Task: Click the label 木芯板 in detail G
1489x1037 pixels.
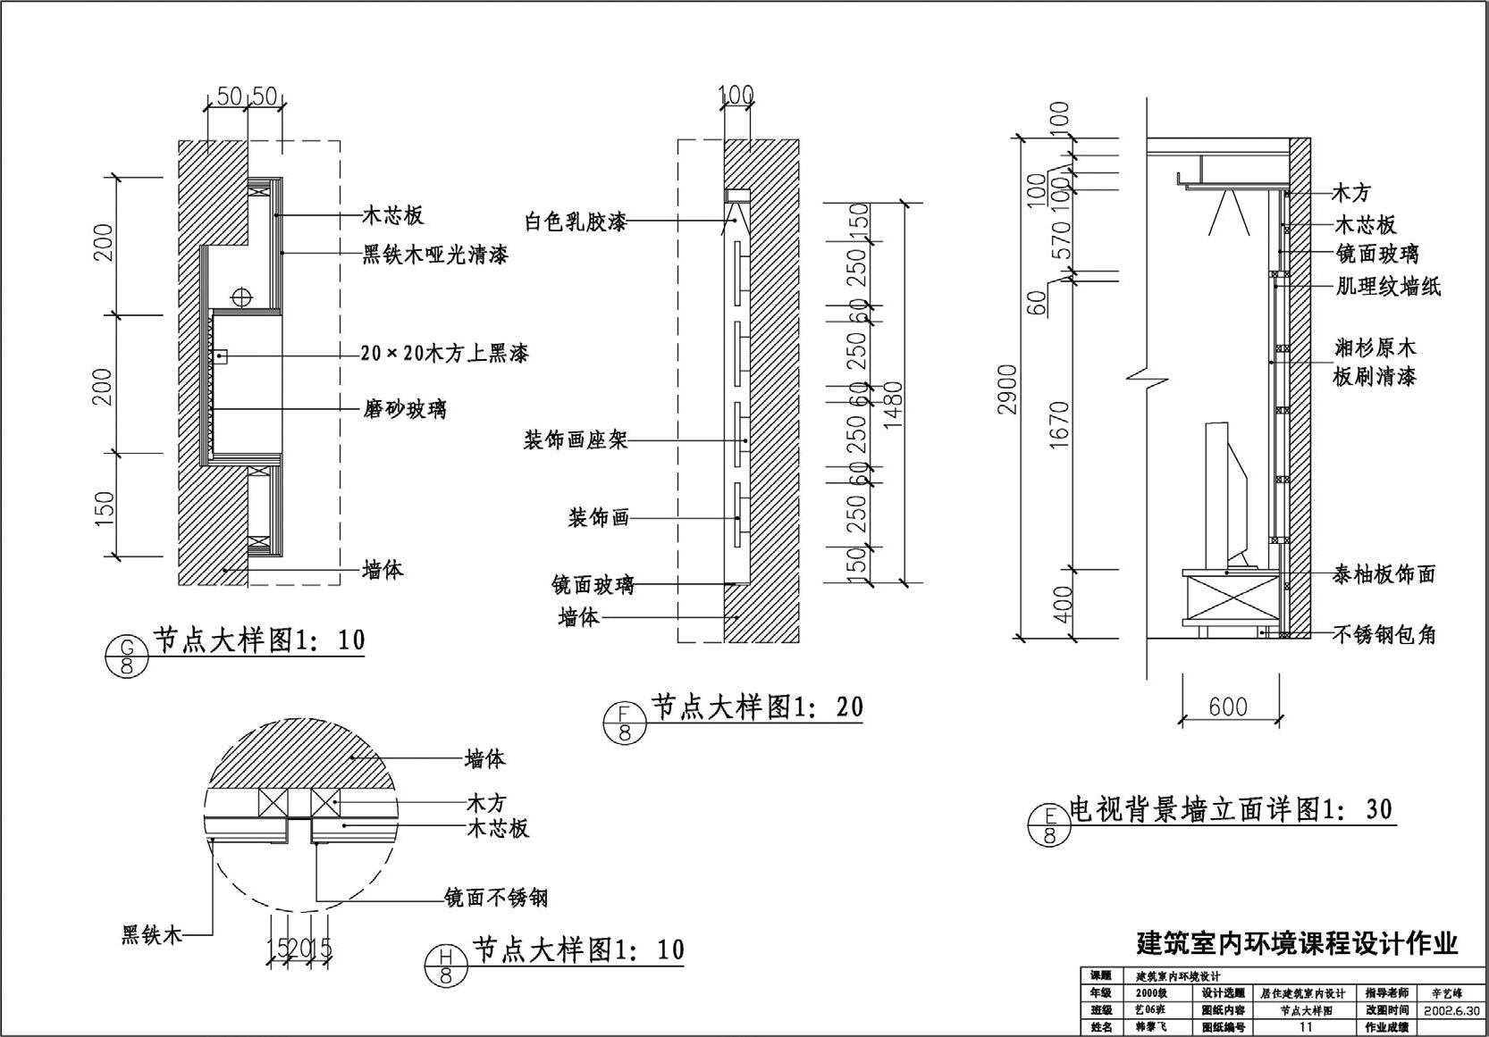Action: [392, 215]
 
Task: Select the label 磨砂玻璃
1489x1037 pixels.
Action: [404, 410]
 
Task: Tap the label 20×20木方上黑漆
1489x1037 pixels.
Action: [444, 354]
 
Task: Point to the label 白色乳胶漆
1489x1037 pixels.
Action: [575, 222]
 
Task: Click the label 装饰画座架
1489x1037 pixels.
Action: [576, 439]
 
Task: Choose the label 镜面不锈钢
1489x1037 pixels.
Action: [496, 898]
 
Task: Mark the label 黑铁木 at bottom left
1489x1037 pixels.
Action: [152, 935]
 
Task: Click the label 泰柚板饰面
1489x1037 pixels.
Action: [1384, 574]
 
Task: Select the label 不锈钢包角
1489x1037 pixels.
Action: [1384, 635]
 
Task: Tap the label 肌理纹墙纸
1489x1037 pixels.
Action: [1388, 287]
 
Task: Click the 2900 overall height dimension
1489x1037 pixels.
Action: [1008, 389]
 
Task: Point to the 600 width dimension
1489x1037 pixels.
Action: [1228, 707]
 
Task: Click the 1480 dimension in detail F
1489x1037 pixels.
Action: [893, 405]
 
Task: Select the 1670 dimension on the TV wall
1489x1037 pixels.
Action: [1060, 424]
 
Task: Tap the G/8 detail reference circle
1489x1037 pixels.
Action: [127, 656]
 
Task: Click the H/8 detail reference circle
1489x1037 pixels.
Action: [446, 966]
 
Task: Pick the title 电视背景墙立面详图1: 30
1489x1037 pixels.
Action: [1231, 810]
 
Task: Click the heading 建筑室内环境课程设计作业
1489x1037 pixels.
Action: [1296, 943]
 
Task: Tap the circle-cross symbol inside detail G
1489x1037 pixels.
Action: [240, 297]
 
